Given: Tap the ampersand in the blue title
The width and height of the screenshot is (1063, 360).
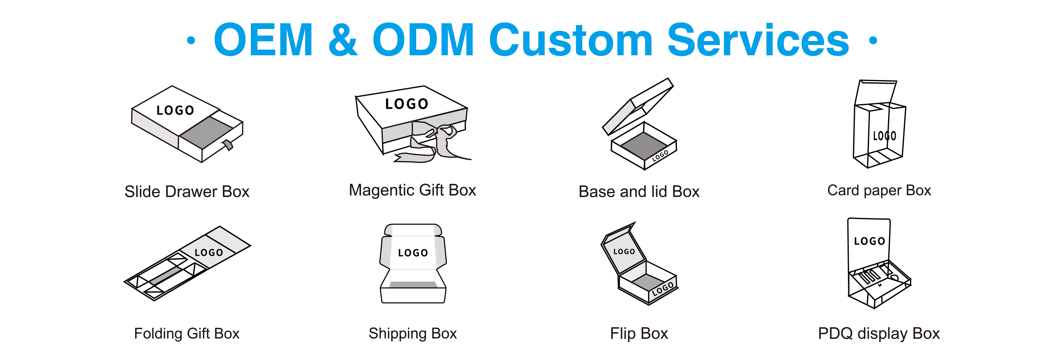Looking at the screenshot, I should tap(343, 40).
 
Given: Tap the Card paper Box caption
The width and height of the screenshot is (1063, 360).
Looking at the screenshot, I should tap(879, 190).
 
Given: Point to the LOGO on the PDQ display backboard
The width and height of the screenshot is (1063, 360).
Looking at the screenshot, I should tap(870, 241).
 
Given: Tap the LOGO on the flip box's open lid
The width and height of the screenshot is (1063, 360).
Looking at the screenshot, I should tap(624, 251).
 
